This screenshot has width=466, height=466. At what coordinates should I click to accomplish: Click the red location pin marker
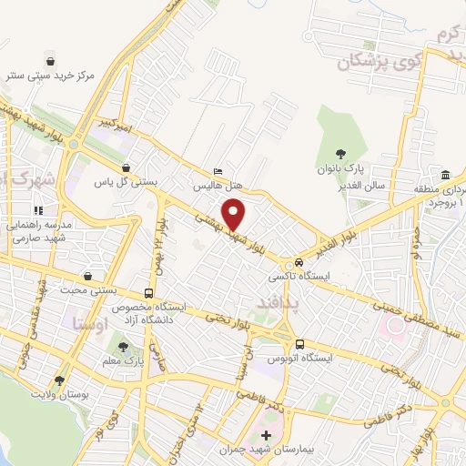click(235, 213)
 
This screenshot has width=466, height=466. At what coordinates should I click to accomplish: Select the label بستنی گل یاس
click(127, 181)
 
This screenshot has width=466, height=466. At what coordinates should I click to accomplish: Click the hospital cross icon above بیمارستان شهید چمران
click(266, 433)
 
